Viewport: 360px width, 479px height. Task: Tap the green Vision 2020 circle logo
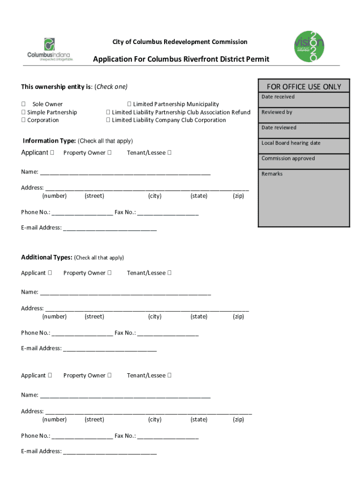click(x=308, y=46)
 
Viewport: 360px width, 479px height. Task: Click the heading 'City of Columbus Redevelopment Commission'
click(x=180, y=42)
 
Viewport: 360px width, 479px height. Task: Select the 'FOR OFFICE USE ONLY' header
click(x=304, y=87)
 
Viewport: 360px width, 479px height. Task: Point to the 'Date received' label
click(x=278, y=97)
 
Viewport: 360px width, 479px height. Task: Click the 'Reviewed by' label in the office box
click(x=277, y=112)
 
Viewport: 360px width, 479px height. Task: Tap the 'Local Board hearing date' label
click(x=291, y=143)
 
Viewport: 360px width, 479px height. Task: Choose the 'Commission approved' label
click(x=288, y=159)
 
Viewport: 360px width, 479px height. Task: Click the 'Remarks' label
click(x=272, y=174)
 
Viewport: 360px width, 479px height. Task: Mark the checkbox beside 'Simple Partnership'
click(x=23, y=112)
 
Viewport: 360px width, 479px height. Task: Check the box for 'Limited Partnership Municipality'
click(x=129, y=104)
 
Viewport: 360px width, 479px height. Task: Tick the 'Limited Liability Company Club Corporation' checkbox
click(x=108, y=120)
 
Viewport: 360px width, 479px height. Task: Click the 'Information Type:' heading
click(x=49, y=141)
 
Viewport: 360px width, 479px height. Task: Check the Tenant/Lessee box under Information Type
click(x=169, y=152)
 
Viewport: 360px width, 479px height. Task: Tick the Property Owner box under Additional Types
click(x=109, y=273)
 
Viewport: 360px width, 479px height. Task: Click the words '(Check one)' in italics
click(x=111, y=87)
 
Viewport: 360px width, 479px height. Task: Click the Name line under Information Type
click(x=125, y=172)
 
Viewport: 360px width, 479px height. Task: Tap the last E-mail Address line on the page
click(x=109, y=452)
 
